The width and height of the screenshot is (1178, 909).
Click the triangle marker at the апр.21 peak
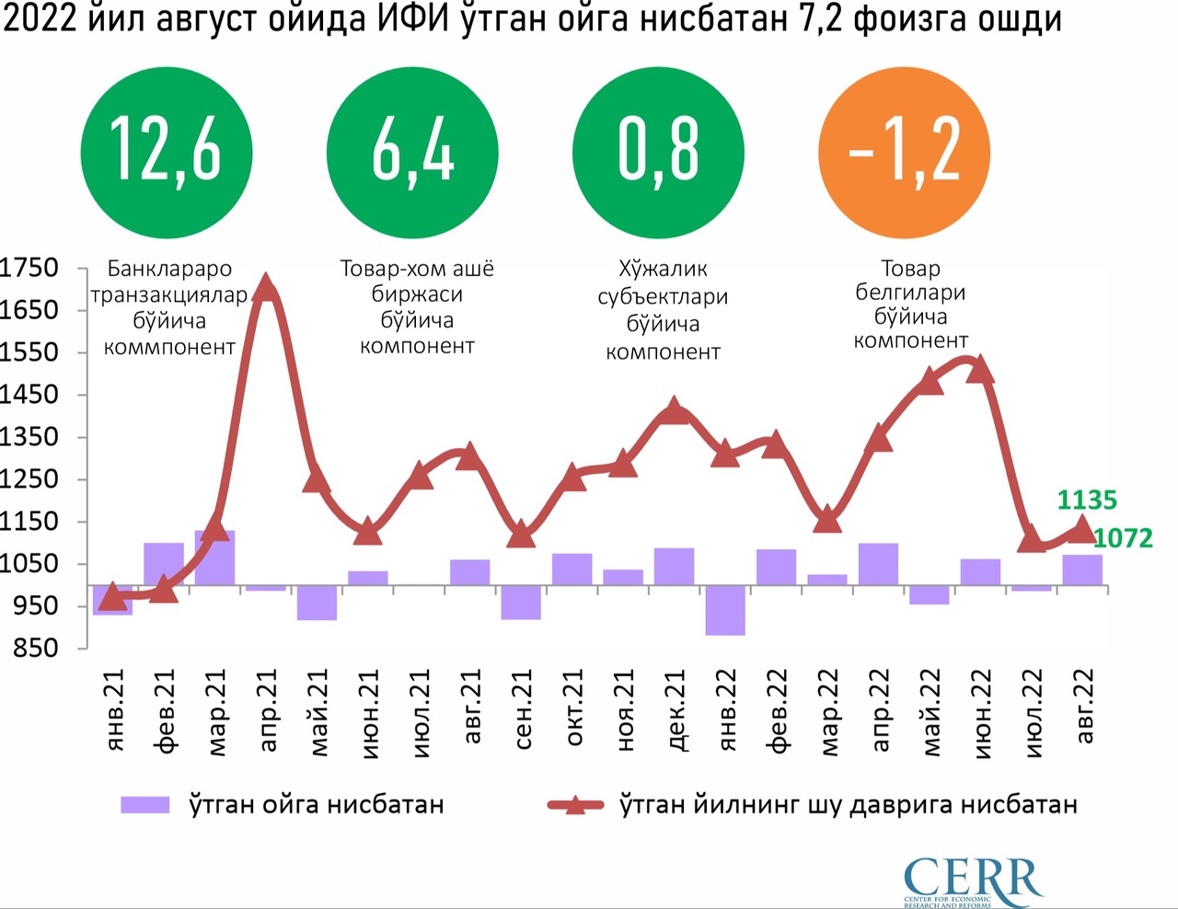pyautogui.click(x=266, y=288)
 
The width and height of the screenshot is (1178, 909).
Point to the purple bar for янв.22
pyautogui.click(x=725, y=610)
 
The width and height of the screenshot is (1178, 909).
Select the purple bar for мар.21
pyautogui.click(x=214, y=558)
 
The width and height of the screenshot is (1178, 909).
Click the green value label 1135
pyautogui.click(x=1086, y=501)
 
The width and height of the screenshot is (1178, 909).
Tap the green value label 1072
pyautogui.click(x=1122, y=538)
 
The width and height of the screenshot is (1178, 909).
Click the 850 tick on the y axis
pyautogui.click(x=35, y=648)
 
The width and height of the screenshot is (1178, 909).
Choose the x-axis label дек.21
pyautogui.click(x=675, y=710)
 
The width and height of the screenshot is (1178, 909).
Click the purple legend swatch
pyautogui.click(x=145, y=805)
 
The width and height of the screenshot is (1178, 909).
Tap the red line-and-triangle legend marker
pyautogui.click(x=575, y=805)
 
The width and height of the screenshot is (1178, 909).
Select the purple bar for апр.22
pyautogui.click(x=878, y=564)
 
